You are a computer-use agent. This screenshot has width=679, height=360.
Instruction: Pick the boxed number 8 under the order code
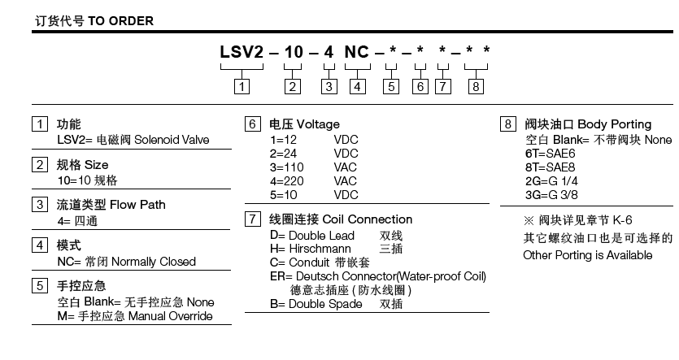point(477,85)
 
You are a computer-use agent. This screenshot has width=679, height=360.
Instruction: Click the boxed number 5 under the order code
point(392,85)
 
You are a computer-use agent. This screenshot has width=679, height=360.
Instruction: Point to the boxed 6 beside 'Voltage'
point(253,125)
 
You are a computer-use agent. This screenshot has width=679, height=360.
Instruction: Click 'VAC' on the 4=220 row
point(346,180)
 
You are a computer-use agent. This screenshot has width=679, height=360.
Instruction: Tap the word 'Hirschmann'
point(322,249)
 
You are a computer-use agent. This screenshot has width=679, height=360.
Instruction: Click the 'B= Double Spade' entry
point(316,304)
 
